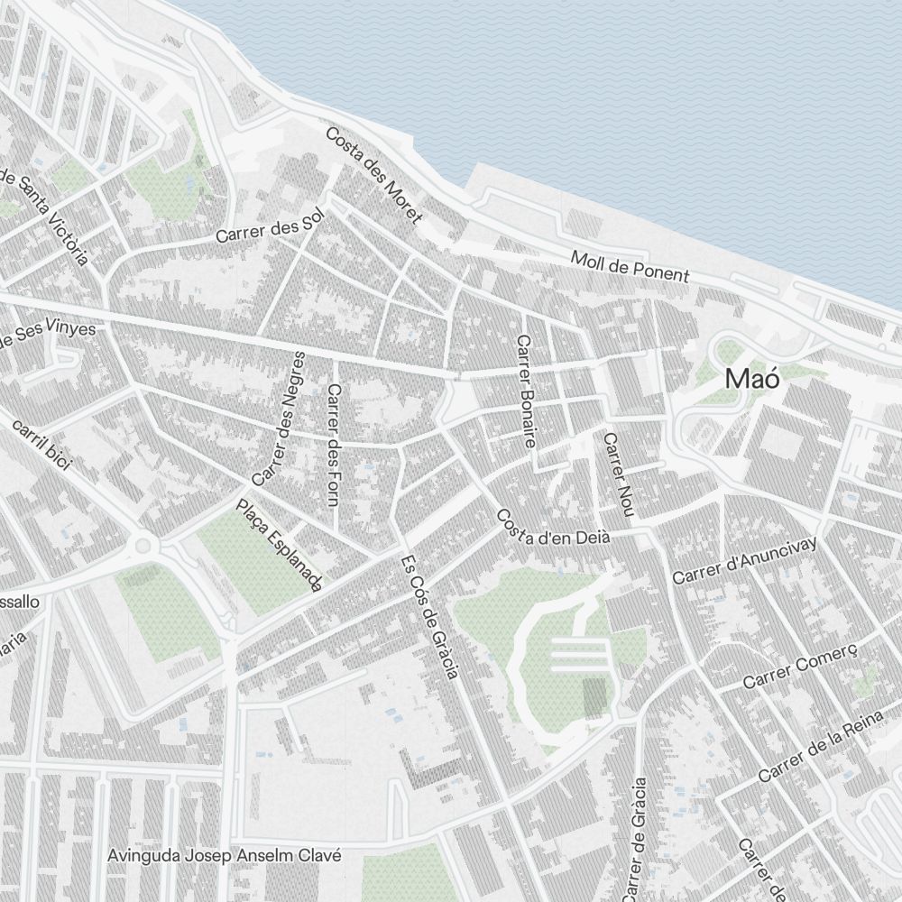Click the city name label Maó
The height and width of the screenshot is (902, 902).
[751, 379]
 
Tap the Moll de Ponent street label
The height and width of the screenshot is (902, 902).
[630, 266]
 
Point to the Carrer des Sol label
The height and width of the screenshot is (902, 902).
[269, 230]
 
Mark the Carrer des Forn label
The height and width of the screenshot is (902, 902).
[335, 457]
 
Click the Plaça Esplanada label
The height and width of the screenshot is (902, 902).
[279, 547]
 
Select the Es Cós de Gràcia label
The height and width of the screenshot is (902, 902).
[430, 616]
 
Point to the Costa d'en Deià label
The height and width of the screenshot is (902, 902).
[553, 528]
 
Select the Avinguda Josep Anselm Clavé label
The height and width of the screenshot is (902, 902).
[224, 855]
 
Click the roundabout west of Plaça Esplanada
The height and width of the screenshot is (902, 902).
[142, 545]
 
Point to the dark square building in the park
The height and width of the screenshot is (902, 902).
[595, 698]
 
